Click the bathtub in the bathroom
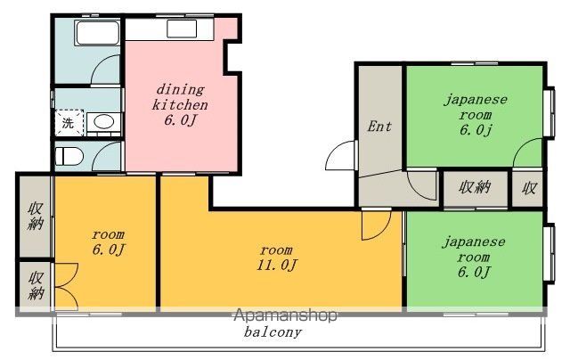[97, 33]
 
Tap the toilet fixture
[69, 157]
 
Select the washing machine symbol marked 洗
[69, 123]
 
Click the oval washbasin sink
[103, 122]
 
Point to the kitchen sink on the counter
[182, 29]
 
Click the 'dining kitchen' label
[180, 97]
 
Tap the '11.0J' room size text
[277, 265]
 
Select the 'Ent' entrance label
[379, 127]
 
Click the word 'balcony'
[273, 332]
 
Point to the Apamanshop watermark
[285, 315]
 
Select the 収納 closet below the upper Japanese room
[476, 188]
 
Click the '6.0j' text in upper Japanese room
[476, 130]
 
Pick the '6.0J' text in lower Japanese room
[474, 272]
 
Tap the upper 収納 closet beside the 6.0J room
[36, 216]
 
